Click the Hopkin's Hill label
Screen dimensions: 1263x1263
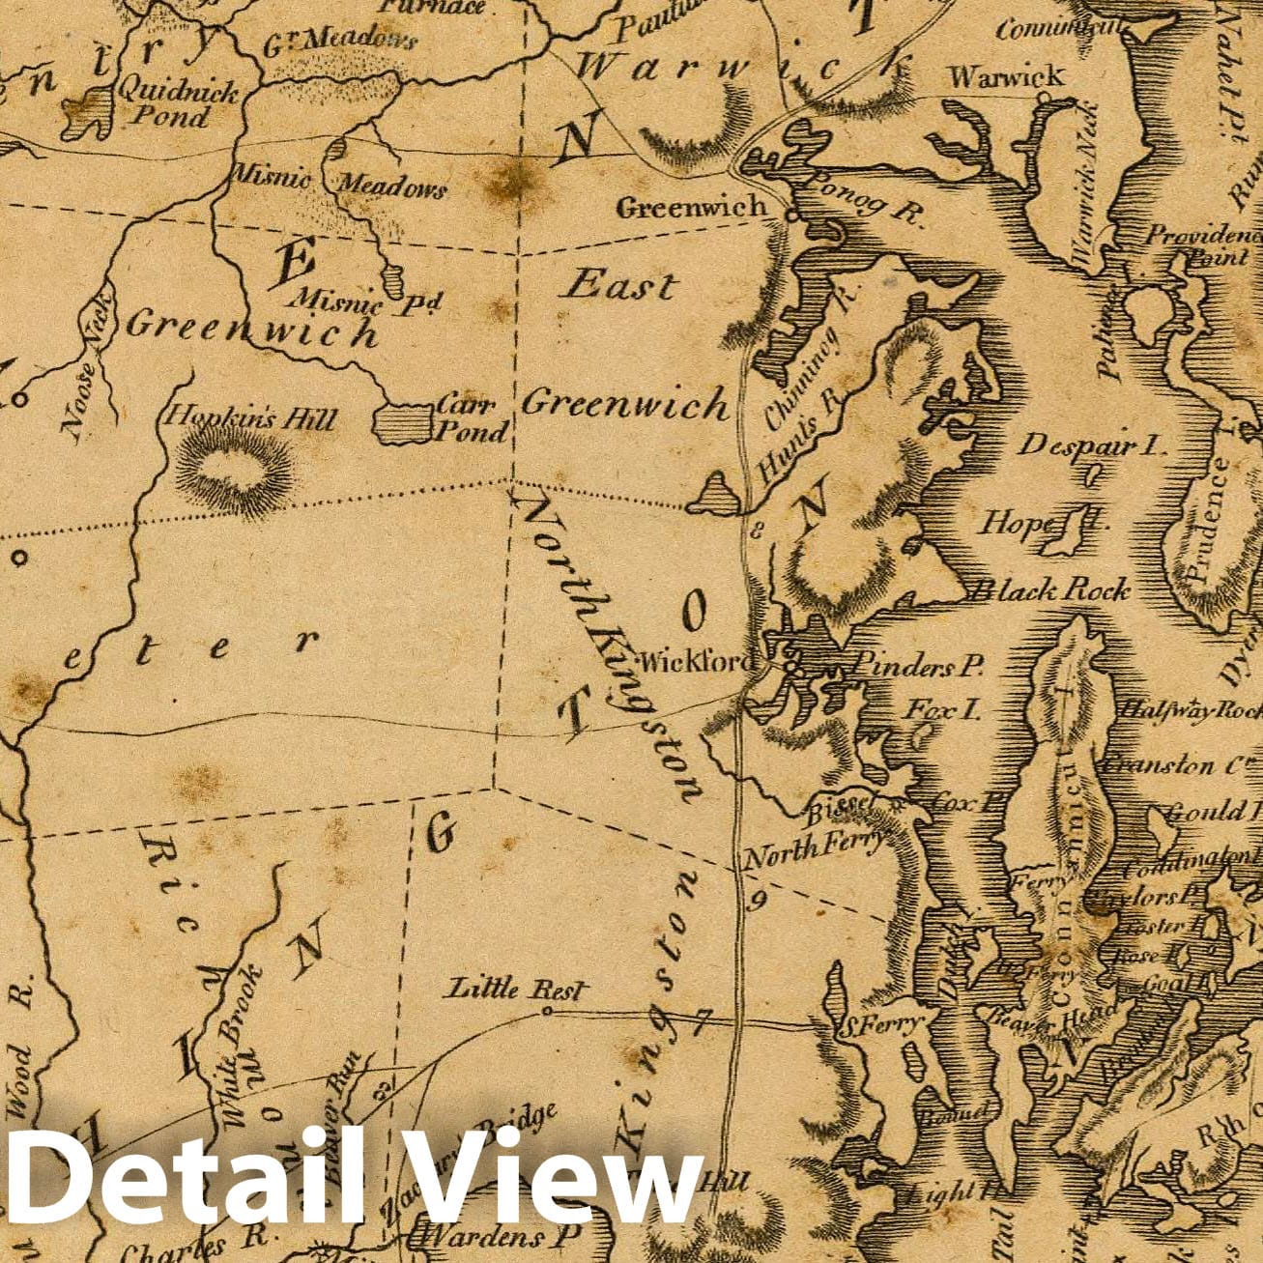(x=250, y=418)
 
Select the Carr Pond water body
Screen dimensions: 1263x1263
(x=403, y=423)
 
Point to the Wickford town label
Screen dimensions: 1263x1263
(x=695, y=662)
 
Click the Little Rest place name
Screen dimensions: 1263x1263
(x=515, y=989)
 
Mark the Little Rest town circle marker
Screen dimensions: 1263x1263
(x=546, y=1012)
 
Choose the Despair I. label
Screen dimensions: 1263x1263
(x=1093, y=445)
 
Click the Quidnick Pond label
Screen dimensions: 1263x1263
(x=177, y=104)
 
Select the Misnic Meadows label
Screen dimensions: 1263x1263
(x=337, y=183)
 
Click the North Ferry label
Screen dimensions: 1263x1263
(x=815, y=850)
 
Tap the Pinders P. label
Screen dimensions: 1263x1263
(x=919, y=665)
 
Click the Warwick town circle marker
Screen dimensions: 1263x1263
(x=1042, y=98)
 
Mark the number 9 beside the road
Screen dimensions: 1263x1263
(x=758, y=902)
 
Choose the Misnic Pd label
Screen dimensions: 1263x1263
(x=368, y=302)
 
